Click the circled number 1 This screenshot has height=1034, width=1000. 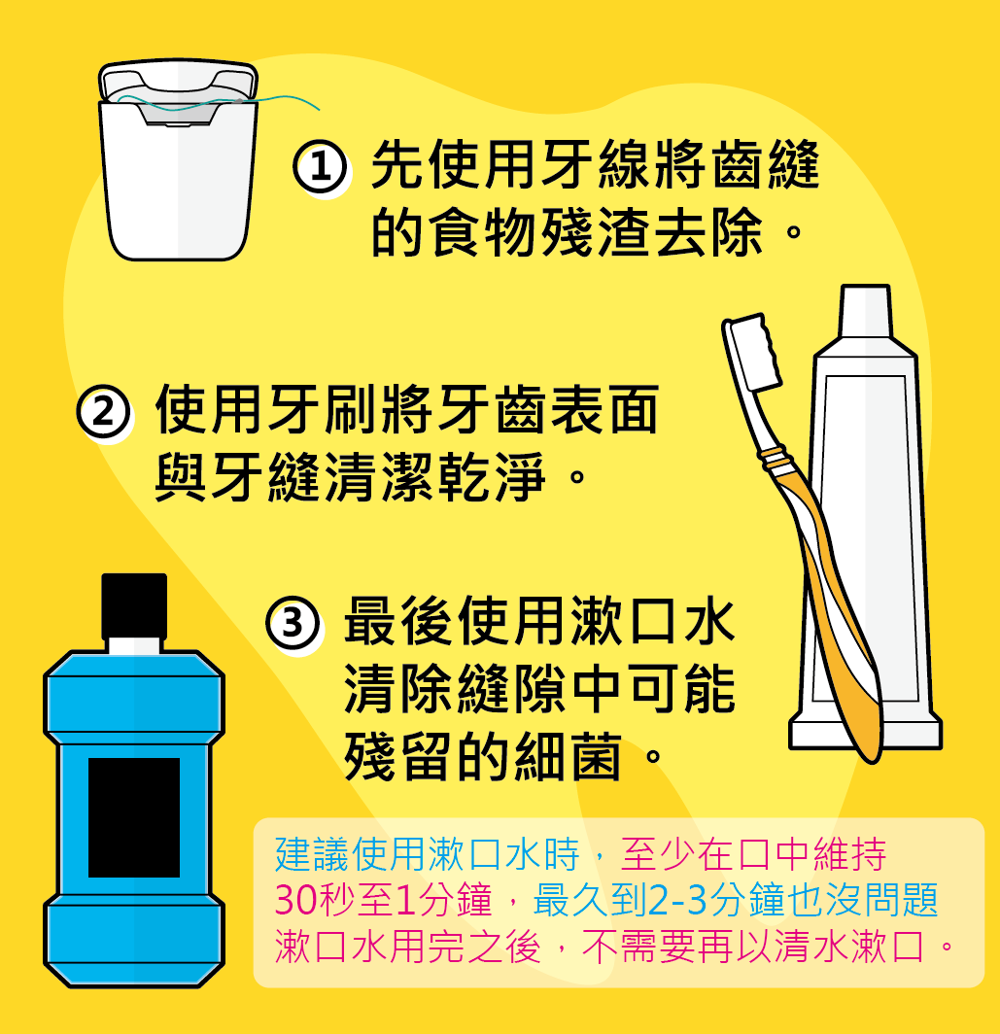click(x=320, y=167)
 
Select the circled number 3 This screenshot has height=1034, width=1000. click(x=293, y=623)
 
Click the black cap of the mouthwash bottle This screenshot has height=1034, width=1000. click(x=134, y=606)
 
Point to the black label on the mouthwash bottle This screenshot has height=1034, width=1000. click(x=134, y=817)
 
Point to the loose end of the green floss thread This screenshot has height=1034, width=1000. click(x=319, y=110)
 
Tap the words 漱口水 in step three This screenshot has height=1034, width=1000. click(x=653, y=621)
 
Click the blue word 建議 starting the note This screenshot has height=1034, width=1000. click(x=313, y=854)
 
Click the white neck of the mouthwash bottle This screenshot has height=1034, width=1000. click(x=134, y=645)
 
